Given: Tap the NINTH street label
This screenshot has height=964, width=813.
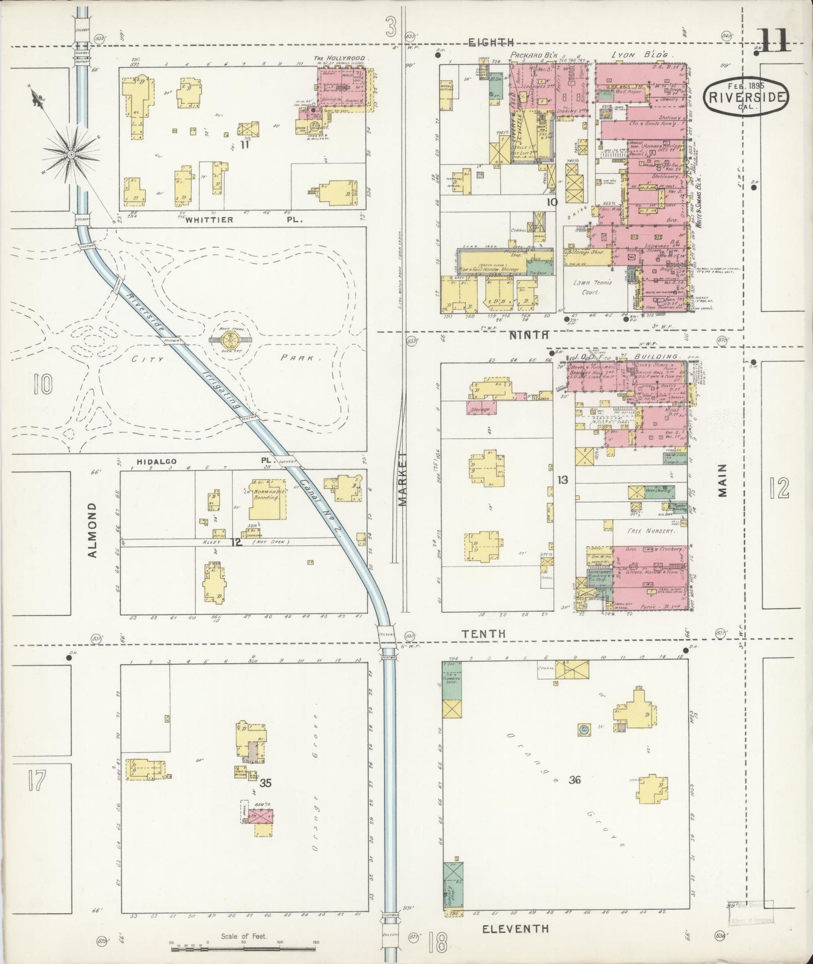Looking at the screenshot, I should [528, 335].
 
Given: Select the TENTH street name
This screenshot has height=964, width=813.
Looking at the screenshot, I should [483, 633].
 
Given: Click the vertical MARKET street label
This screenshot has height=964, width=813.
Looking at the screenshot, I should [402, 479].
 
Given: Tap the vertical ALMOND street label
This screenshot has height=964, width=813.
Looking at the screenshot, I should [93, 530].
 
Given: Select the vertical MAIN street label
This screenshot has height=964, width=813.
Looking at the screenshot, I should [722, 480].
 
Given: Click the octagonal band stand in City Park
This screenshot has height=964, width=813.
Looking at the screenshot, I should [231, 339].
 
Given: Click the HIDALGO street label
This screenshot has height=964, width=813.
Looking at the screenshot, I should [157, 461].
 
